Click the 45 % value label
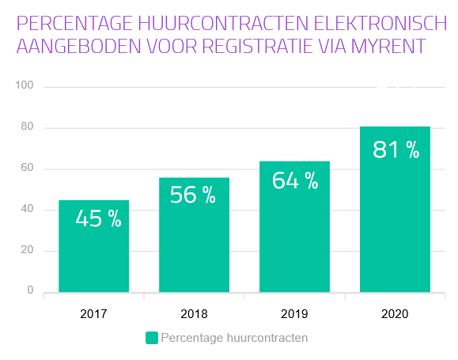tap(98, 218)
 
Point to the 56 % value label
tap(193, 195)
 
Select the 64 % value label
tap(294, 180)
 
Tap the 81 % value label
tap(396, 150)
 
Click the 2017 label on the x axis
tap(93, 314)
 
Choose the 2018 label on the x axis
tap(194, 314)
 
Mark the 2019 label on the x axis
tap(294, 314)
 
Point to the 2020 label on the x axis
tap(395, 314)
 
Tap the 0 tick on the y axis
tap(30, 290)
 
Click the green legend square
tap(152, 338)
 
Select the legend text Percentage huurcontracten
tap(234, 338)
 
